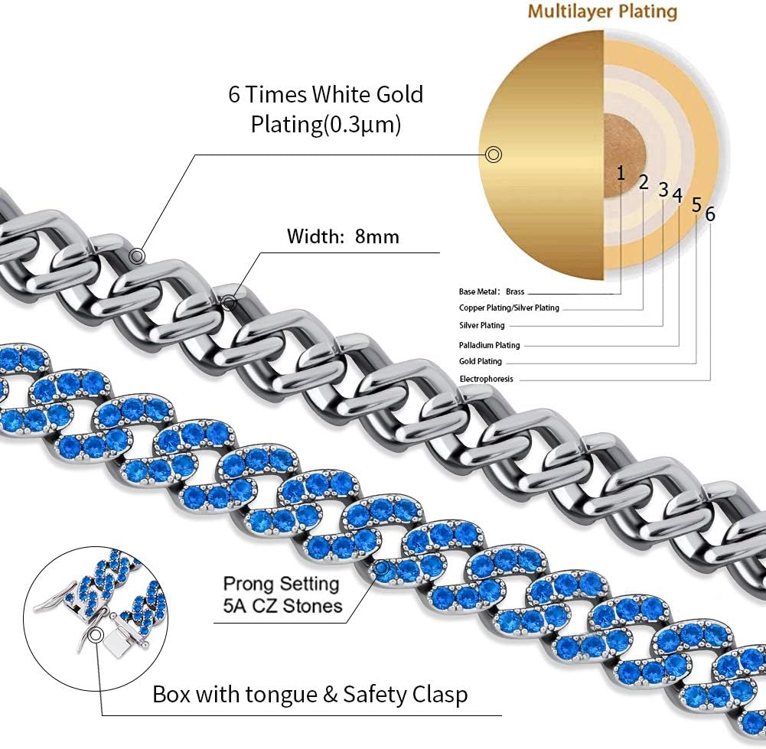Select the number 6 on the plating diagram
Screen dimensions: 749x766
710,214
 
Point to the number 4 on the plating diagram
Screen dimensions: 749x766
677,194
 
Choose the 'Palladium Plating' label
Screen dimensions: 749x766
489,345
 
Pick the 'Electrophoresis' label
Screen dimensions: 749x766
486,379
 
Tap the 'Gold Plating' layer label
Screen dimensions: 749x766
481,361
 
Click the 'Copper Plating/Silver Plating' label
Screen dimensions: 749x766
509,308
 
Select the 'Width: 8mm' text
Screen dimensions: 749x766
343,236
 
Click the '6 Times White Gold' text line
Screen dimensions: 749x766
325,95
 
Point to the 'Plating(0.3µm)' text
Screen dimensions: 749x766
325,125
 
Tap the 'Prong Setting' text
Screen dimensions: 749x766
281,584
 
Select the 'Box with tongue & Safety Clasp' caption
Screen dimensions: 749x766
310,695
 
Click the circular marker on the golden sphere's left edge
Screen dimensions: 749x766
494,155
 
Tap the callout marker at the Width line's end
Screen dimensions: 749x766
228,304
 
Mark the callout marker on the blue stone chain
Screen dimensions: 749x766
380,568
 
